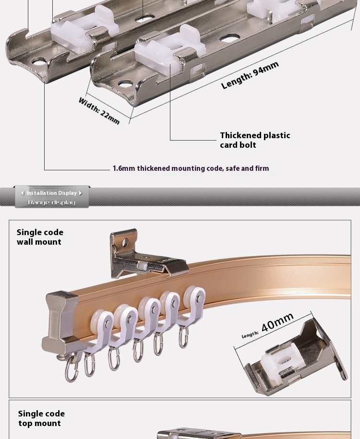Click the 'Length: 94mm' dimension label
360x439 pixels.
(250, 75)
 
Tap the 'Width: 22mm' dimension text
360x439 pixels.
(99, 111)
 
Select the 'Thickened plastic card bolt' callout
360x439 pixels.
(255, 140)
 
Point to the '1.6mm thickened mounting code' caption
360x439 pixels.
(191, 168)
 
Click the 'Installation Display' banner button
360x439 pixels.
(51, 193)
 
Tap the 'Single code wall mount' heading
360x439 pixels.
(40, 237)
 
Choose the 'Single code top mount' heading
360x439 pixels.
(41, 418)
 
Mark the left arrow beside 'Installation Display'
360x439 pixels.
(23, 193)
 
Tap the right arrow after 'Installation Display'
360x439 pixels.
(80, 193)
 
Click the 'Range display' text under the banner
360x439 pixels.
(51, 202)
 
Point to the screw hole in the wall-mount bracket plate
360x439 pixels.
(125, 243)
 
